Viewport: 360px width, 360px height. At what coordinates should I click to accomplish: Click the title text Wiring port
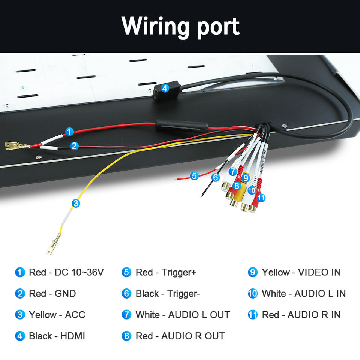[180, 26]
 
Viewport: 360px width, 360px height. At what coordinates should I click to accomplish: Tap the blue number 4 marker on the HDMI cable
[165, 88]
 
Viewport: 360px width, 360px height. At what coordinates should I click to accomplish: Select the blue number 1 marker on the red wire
[69, 132]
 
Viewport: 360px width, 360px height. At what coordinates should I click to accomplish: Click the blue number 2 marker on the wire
[74, 146]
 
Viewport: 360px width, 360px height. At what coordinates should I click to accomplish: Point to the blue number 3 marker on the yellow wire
[76, 203]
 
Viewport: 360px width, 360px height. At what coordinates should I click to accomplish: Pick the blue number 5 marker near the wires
[194, 175]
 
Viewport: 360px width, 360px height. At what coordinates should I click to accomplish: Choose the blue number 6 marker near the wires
[215, 177]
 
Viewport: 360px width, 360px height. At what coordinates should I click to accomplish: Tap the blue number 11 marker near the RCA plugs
[261, 197]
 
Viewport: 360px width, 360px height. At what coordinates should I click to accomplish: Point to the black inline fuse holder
[181, 124]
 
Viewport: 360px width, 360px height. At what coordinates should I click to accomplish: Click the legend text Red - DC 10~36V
[66, 272]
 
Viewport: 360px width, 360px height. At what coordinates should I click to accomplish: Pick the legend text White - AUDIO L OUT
[183, 314]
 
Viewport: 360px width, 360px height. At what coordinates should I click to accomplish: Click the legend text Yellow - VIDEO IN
[301, 272]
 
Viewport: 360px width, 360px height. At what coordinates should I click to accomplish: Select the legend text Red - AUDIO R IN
[301, 314]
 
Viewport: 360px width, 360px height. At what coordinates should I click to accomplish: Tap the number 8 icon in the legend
[127, 336]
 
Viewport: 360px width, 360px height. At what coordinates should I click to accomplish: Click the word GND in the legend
[65, 293]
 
